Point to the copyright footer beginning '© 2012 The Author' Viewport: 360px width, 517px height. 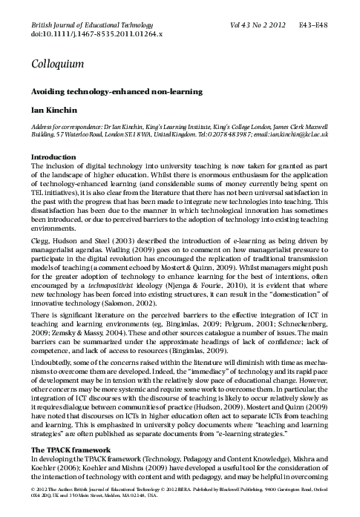click(x=178, y=498)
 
